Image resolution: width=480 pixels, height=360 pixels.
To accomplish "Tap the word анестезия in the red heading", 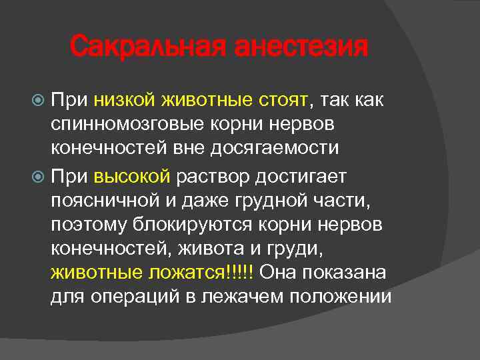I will (x=299, y=47).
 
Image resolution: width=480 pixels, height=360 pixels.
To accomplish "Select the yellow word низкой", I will (x=123, y=100).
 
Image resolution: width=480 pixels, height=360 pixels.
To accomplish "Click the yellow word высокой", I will (x=133, y=177).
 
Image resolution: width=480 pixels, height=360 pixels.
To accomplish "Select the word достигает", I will (x=304, y=177).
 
